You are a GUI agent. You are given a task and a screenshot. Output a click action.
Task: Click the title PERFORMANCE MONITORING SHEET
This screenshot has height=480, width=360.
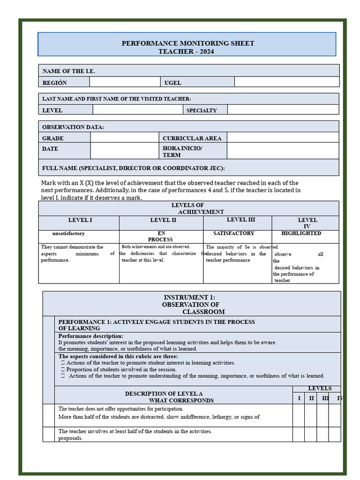(x=187, y=43)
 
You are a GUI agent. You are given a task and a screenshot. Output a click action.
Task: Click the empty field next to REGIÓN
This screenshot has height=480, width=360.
(x=125, y=82)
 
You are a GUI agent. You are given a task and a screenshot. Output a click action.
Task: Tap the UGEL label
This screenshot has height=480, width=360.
(x=172, y=83)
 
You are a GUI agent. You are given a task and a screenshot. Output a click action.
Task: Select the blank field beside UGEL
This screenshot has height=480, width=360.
(x=286, y=82)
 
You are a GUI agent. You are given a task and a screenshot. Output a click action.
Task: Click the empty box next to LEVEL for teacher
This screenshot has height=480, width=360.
(x=137, y=110)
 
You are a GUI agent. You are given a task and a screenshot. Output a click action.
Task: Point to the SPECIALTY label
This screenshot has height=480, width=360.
(x=202, y=111)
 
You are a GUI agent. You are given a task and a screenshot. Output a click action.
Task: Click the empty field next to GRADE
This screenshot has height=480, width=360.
(x=124, y=137)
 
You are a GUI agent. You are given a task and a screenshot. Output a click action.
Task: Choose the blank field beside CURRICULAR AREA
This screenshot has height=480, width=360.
(x=283, y=137)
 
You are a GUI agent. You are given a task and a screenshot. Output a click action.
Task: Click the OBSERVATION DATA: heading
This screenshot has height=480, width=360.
(x=73, y=127)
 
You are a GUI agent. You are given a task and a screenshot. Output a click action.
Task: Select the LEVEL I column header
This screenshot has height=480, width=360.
(x=80, y=220)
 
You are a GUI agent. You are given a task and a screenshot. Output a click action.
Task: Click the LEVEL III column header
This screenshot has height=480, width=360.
(x=240, y=220)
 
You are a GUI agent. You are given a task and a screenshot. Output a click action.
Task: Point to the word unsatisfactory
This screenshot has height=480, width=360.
(x=68, y=233)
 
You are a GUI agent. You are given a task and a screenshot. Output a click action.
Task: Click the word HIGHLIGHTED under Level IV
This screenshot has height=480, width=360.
(x=301, y=233)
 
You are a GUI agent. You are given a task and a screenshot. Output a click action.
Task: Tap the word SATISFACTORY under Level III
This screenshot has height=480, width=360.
(x=233, y=233)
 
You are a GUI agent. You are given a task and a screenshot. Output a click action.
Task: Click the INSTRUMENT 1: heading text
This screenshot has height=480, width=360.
(x=189, y=297)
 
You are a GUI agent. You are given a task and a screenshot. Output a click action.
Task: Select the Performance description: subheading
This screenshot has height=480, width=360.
(x=90, y=336)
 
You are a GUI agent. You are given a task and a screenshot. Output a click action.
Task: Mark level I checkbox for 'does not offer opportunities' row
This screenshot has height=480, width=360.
(x=299, y=415)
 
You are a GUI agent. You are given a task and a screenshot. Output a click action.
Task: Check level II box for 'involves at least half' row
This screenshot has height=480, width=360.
(x=310, y=434)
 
